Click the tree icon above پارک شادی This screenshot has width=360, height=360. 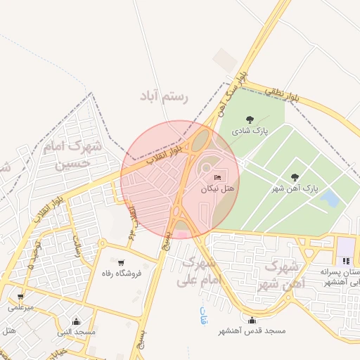click(249, 120)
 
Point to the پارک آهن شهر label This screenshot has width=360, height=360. click(296, 189)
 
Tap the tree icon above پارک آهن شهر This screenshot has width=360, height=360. click(294, 177)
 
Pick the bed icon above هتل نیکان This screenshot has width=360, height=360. click(217, 176)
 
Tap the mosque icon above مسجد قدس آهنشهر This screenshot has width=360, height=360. click(251, 319)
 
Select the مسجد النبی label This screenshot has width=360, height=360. click(77, 331)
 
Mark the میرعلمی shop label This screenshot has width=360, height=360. click(20, 307)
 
